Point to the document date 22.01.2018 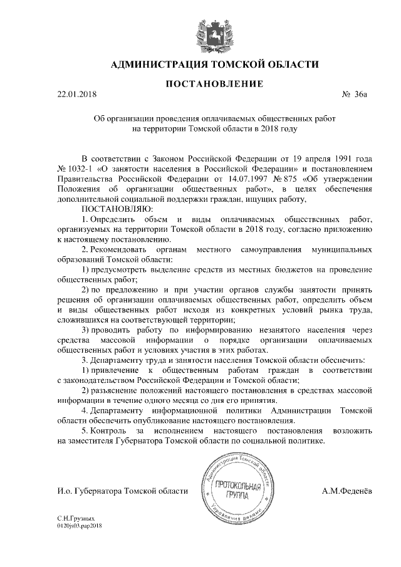(x=77, y=95)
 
